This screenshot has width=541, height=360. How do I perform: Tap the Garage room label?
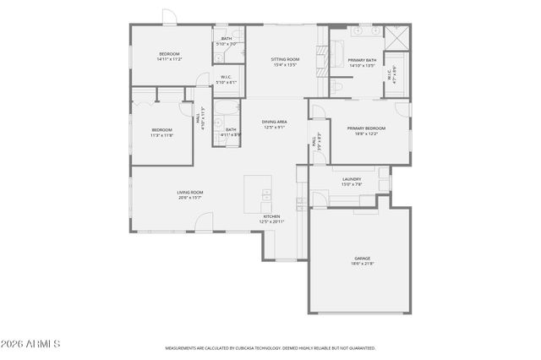(362, 261)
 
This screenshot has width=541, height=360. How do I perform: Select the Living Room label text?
(189, 195)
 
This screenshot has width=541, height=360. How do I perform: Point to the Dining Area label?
(274, 124)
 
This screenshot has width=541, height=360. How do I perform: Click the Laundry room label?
(352, 182)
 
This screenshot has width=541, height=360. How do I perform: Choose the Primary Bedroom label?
(366, 131)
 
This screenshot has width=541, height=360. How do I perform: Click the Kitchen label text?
(271, 219)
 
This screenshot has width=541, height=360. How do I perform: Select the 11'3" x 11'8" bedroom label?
(161, 132)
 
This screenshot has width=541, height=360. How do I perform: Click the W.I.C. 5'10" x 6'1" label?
(225, 81)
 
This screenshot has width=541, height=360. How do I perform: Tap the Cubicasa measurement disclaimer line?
(270, 347)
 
